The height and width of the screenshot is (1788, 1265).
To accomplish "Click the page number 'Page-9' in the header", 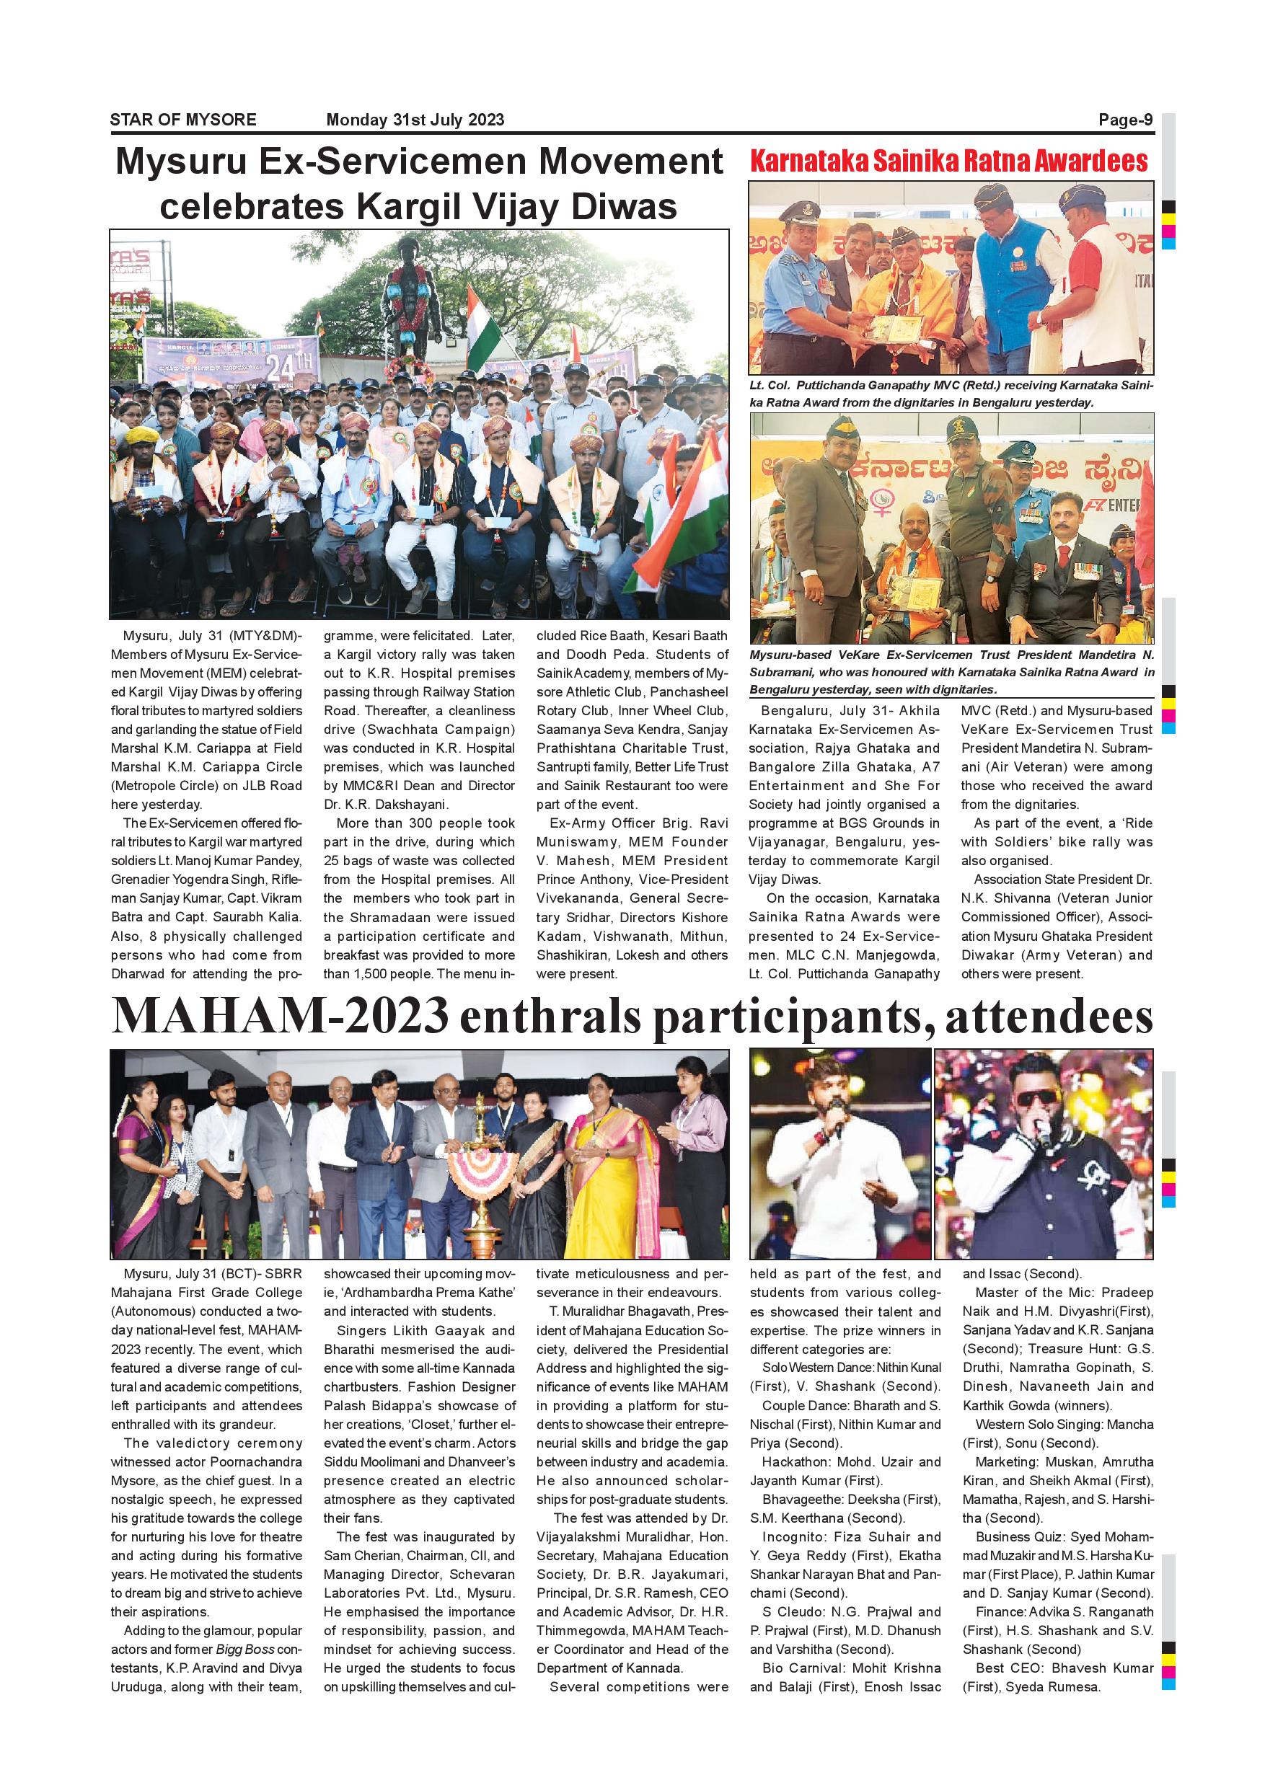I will (x=1125, y=120).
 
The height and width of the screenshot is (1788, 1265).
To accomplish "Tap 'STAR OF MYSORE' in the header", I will (x=183, y=120).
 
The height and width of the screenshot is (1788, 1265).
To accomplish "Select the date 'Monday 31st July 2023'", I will (x=415, y=120).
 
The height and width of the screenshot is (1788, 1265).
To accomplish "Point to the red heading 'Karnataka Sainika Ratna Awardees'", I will (x=949, y=162).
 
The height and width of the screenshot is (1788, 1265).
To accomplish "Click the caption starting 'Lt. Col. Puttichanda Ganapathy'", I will (x=951, y=394).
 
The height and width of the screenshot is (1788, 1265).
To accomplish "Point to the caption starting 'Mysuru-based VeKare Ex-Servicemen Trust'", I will (x=951, y=671).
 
